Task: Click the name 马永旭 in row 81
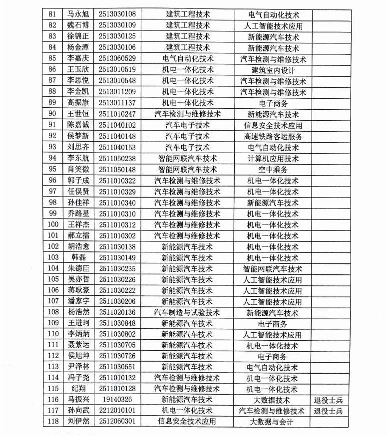pyautogui.click(x=78, y=13)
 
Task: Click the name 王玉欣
pyautogui.click(x=78, y=70)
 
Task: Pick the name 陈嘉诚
pyautogui.click(x=78, y=125)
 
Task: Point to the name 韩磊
pyautogui.click(x=78, y=257)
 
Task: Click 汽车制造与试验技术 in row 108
pyautogui.click(x=187, y=313)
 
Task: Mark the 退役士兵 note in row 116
pyautogui.click(x=328, y=400)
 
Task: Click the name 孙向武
pyautogui.click(x=78, y=411)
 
